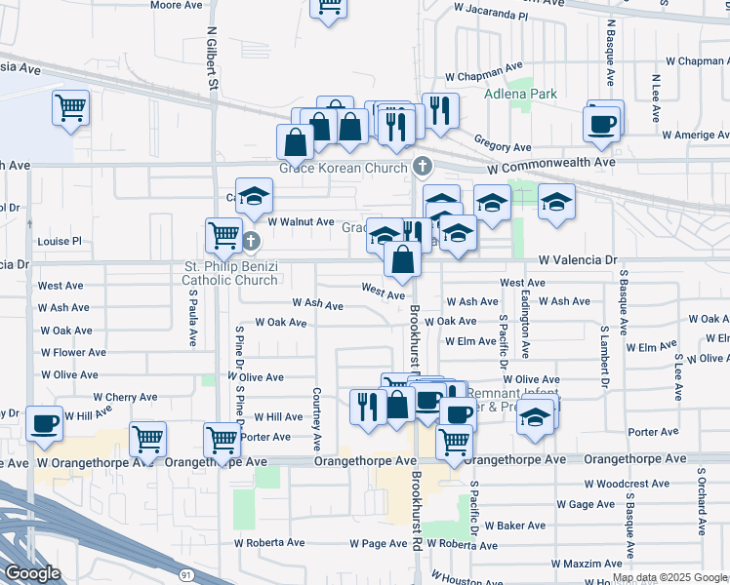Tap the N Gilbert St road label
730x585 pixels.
211,59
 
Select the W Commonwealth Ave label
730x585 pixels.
551,162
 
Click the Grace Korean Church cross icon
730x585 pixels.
423,167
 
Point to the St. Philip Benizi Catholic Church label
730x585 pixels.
230,274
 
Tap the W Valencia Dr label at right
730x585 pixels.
580,260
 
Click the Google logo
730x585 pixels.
32,573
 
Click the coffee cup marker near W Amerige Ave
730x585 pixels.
601,124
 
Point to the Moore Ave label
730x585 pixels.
177,5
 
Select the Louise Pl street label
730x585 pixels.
60,241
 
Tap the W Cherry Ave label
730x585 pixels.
125,398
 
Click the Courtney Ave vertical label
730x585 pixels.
316,409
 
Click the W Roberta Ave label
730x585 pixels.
270,543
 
